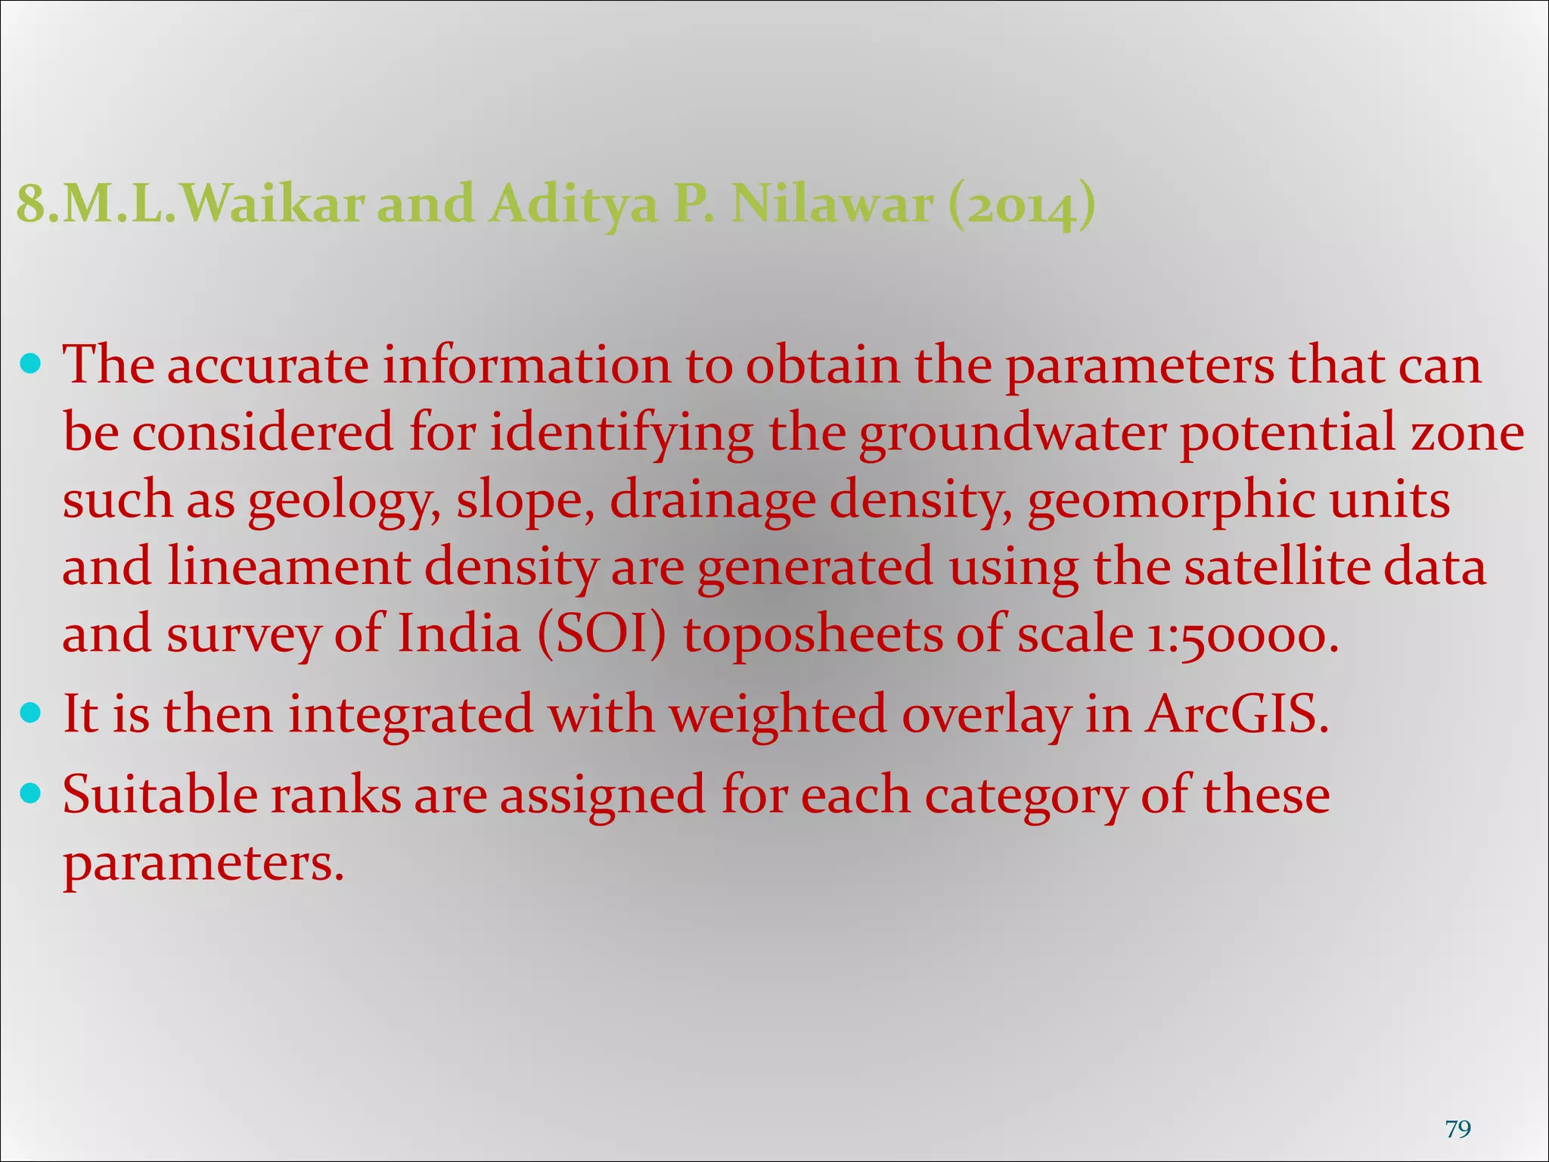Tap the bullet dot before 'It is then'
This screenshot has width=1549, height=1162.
pos(31,713)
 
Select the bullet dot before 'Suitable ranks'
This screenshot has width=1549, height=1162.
pos(31,794)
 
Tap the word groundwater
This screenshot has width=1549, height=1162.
pos(1012,433)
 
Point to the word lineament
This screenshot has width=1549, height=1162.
pos(288,567)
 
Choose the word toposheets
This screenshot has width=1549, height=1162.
pos(813,635)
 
